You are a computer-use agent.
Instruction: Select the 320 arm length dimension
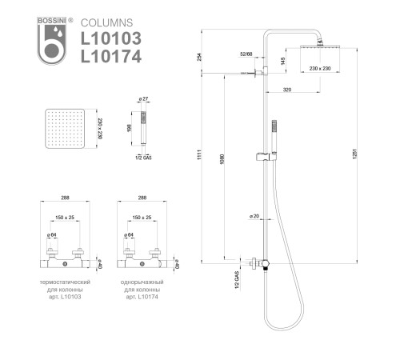click(x=288, y=90)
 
